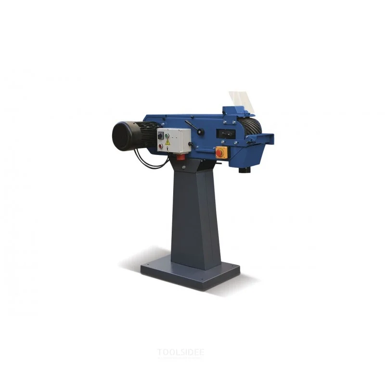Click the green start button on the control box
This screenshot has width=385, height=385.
pyautogui.click(x=167, y=136)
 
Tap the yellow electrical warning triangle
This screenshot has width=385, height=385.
pyautogui.click(x=167, y=142)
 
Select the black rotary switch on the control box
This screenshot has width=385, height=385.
pyautogui.click(x=160, y=135)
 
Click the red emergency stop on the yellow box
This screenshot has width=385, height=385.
pyautogui.click(x=219, y=153)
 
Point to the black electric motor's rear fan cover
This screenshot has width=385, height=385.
pyautogui.click(x=119, y=136)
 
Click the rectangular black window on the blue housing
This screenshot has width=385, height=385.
pyautogui.click(x=226, y=134)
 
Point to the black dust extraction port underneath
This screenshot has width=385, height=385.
pyautogui.click(x=244, y=170)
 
